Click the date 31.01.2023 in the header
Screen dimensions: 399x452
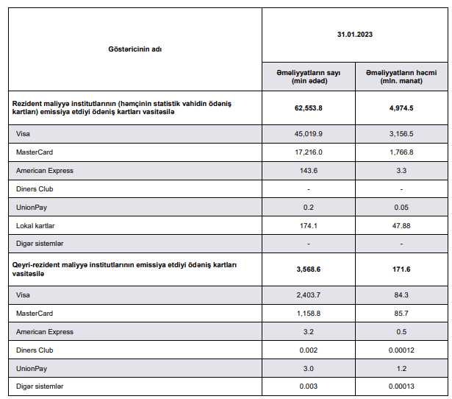tap(355, 35)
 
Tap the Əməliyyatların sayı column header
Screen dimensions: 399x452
tap(308, 76)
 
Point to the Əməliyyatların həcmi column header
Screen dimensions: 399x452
tap(401, 76)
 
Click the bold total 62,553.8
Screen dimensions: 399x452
tap(309, 107)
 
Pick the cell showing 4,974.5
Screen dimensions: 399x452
tap(401, 107)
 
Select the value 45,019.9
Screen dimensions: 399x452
tap(309, 134)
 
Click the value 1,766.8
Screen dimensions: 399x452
tap(401, 152)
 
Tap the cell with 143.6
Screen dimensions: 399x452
tap(309, 170)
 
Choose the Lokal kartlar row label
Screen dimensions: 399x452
tap(35, 225)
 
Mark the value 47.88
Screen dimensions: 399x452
tap(401, 225)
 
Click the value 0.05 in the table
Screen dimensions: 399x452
tap(401, 207)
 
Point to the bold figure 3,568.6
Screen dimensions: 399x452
tap(309, 269)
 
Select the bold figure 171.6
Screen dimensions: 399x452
tap(401, 269)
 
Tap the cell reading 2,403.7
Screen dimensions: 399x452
tap(309, 296)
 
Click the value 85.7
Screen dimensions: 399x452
tap(401, 314)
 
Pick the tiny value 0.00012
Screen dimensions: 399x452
tap(401, 350)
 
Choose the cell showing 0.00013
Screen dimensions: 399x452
tap(401, 386)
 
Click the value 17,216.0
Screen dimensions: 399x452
tap(309, 152)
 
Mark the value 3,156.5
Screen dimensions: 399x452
tap(401, 134)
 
